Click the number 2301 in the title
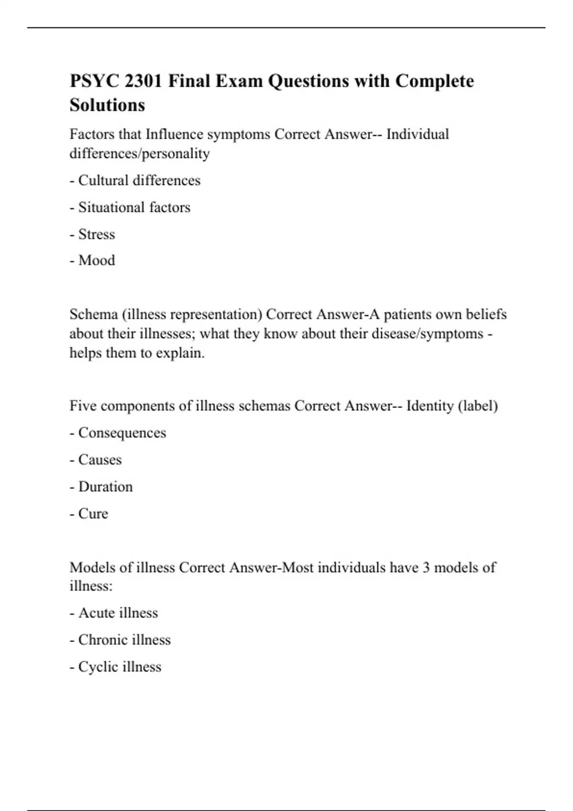click(x=143, y=81)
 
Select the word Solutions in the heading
click(x=107, y=105)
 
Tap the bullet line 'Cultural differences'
click(x=135, y=180)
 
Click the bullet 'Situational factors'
click(x=130, y=208)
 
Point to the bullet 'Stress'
click(x=93, y=234)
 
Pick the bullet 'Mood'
click(x=93, y=260)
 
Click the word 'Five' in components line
click(x=83, y=406)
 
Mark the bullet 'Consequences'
click(x=118, y=433)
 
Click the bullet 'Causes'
click(x=96, y=460)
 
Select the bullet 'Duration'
click(x=101, y=487)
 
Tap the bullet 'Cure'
click(x=89, y=514)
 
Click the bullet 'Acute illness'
click(x=114, y=613)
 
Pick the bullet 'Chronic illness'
click(x=120, y=640)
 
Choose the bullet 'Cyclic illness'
click(x=116, y=667)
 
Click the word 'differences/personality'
click(x=139, y=154)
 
